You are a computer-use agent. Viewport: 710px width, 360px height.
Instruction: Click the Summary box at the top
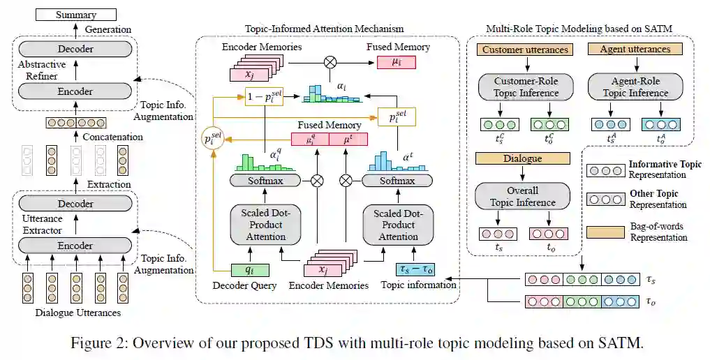75,14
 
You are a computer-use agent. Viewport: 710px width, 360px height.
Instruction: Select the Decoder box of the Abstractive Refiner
75,49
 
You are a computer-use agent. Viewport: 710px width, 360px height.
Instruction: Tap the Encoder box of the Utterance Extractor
75,246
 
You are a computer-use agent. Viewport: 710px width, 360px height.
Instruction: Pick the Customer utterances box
525,50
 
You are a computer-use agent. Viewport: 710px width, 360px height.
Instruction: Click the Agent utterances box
635,50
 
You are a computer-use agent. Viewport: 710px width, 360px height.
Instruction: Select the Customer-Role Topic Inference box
526,87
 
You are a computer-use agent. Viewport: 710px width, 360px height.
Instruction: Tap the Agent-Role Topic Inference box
635,87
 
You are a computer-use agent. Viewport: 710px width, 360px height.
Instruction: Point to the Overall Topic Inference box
522,196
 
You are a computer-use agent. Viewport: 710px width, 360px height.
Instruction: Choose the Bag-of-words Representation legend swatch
604,231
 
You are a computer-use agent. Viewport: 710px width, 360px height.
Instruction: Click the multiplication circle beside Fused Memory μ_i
330,63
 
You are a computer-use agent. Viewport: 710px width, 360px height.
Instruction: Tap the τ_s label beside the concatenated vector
651,280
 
